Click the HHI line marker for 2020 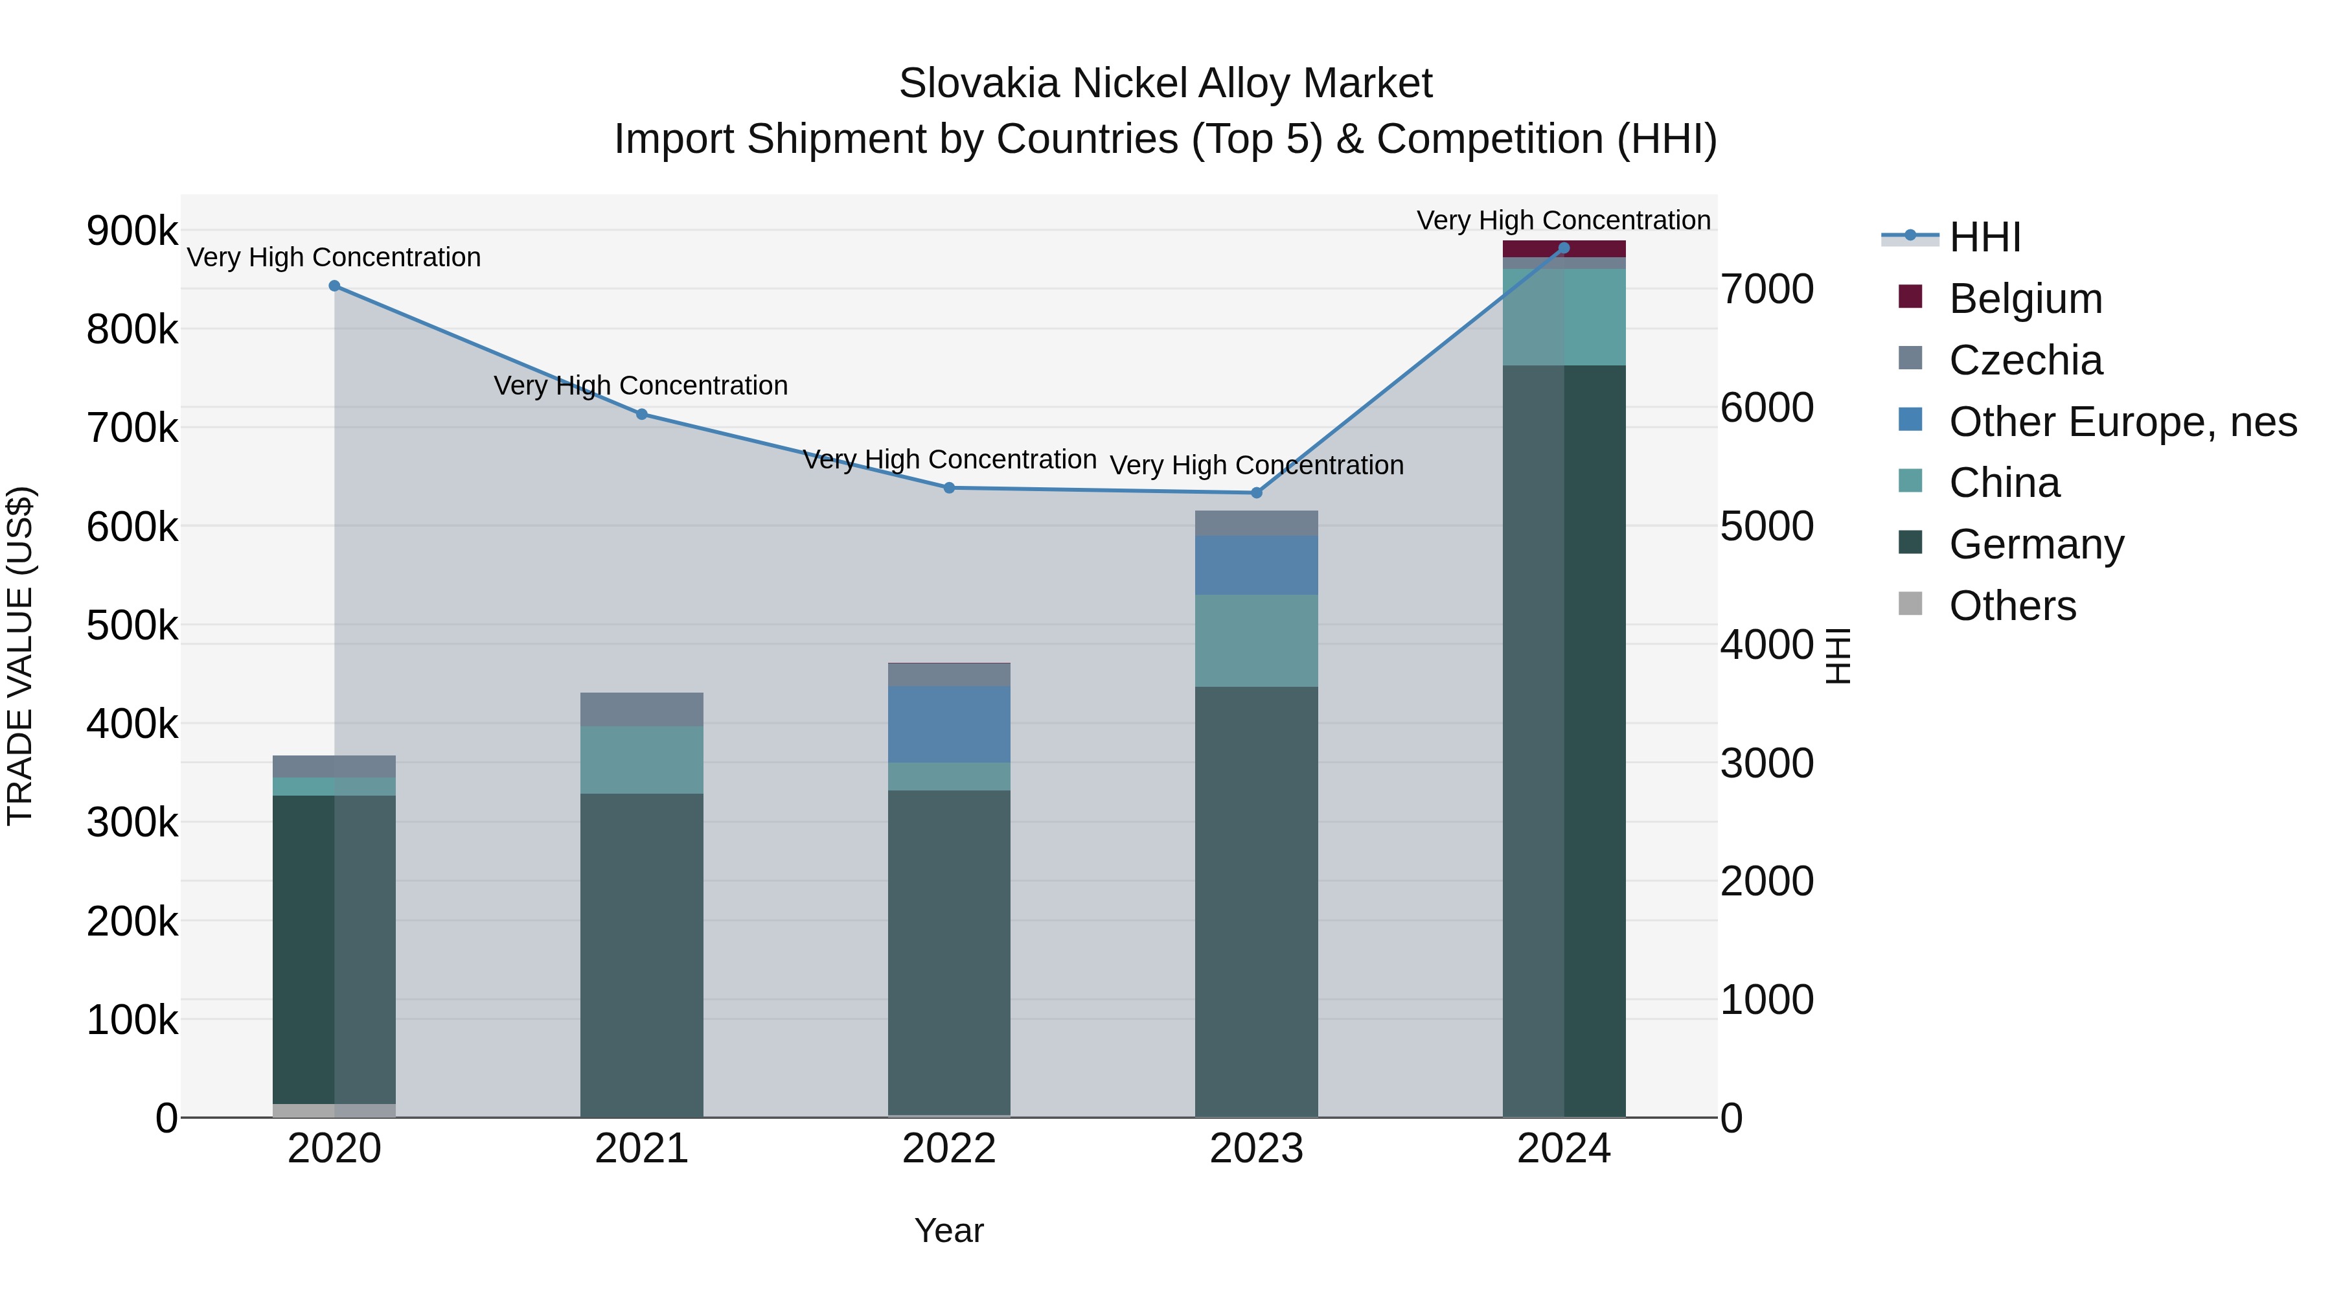pyautogui.click(x=334, y=286)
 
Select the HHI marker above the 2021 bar pyautogui.click(x=642, y=415)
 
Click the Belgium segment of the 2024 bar pyautogui.click(x=1564, y=248)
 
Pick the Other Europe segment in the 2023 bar pyautogui.click(x=1257, y=565)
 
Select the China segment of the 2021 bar pyautogui.click(x=642, y=760)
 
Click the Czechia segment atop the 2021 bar pyautogui.click(x=642, y=709)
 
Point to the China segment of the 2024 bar pyautogui.click(x=1564, y=317)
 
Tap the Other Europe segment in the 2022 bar pyautogui.click(x=949, y=724)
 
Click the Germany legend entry pyautogui.click(x=2036, y=545)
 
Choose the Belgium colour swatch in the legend pyautogui.click(x=1910, y=297)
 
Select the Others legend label pyautogui.click(x=2013, y=606)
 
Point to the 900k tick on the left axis pyautogui.click(x=132, y=231)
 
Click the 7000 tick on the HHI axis pyautogui.click(x=1767, y=290)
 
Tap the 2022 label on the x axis pyautogui.click(x=949, y=1149)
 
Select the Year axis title pyautogui.click(x=949, y=1230)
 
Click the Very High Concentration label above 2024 pyautogui.click(x=1564, y=220)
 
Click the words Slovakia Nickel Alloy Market pyautogui.click(x=1165, y=84)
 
